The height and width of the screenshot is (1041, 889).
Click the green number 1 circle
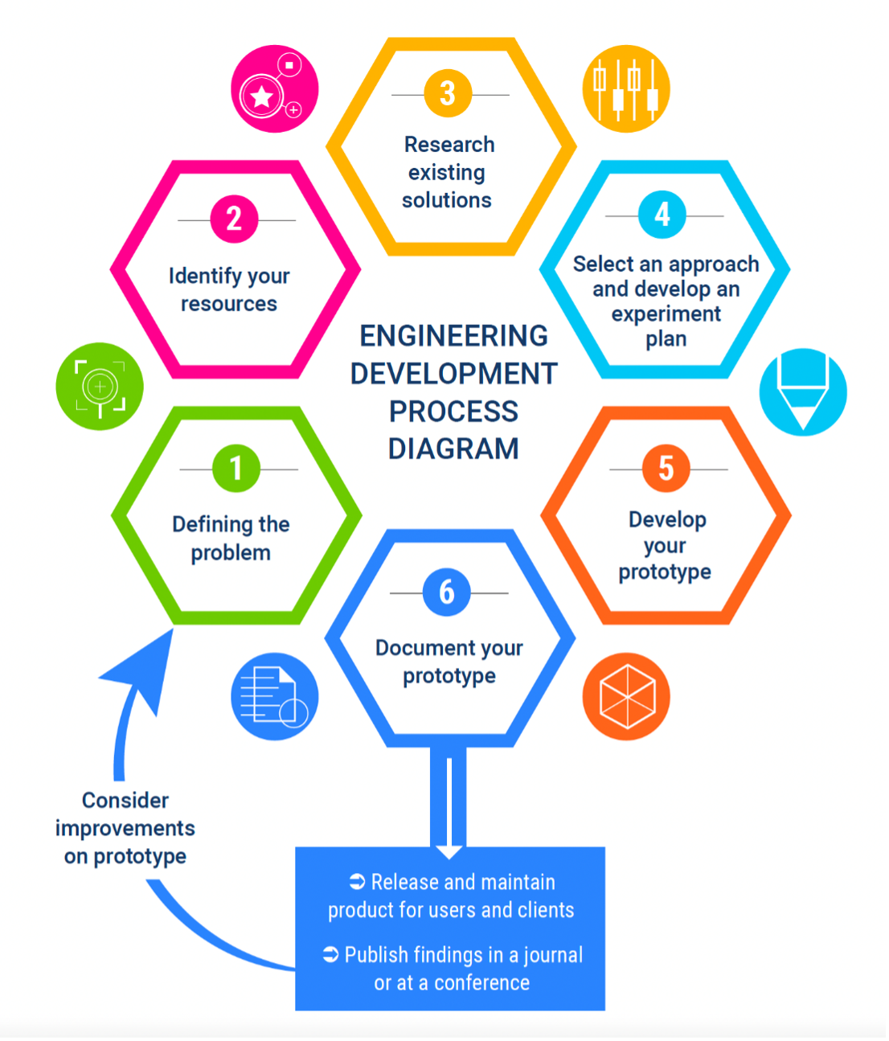[236, 469]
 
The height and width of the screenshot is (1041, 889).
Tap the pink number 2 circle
[234, 219]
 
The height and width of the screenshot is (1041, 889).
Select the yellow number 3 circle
[448, 93]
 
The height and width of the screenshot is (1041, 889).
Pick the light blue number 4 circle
[662, 215]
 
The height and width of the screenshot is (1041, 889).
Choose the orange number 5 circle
[666, 468]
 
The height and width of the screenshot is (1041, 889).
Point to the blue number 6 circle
[447, 592]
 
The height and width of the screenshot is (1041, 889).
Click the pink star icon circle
[274, 88]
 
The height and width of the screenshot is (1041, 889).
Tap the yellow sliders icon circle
[626, 88]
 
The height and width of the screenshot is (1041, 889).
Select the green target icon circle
[100, 387]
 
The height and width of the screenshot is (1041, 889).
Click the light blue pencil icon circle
[803, 392]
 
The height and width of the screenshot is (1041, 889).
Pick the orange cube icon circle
[626, 696]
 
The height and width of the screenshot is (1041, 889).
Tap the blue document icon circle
[274, 696]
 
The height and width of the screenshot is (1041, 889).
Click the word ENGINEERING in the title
[453, 336]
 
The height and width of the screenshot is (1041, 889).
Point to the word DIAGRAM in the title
[453, 449]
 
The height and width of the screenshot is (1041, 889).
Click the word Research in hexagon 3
[449, 145]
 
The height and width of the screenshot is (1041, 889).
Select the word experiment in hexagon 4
[666, 314]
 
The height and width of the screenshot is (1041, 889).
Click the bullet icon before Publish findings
[331, 954]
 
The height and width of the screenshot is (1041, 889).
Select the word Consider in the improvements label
[125, 801]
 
